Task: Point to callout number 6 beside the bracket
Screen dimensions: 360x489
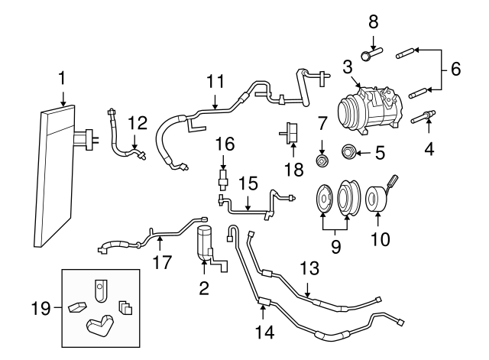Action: [x=455, y=69]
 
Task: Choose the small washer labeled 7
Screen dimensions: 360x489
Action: [x=322, y=161]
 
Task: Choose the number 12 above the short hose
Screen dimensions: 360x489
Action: [x=136, y=121]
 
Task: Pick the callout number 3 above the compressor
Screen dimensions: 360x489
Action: [x=347, y=66]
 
